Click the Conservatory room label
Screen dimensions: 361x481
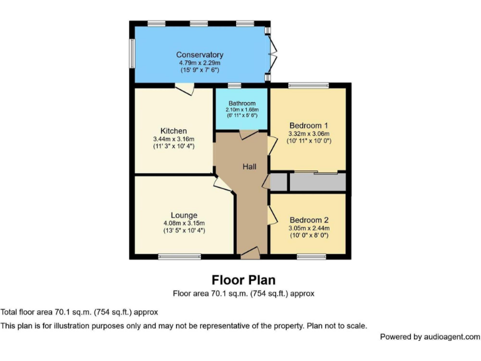[199, 55]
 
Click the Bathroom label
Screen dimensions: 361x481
[242, 103]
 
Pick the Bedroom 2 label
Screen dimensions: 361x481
[309, 220]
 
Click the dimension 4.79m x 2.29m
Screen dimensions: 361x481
[199, 63]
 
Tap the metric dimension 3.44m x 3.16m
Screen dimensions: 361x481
[173, 139]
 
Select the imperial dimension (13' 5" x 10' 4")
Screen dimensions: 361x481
[184, 231]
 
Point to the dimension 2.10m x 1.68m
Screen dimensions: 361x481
[242, 110]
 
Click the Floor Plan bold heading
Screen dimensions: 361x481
[243, 280]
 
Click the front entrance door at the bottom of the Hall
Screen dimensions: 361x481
[250, 253]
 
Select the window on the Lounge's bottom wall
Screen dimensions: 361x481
[179, 256]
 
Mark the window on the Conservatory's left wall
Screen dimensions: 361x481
[132, 54]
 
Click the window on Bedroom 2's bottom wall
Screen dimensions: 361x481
[307, 256]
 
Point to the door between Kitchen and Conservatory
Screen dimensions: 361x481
[184, 90]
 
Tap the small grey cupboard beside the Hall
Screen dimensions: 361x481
[279, 182]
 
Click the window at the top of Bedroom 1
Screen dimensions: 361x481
[303, 85]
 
